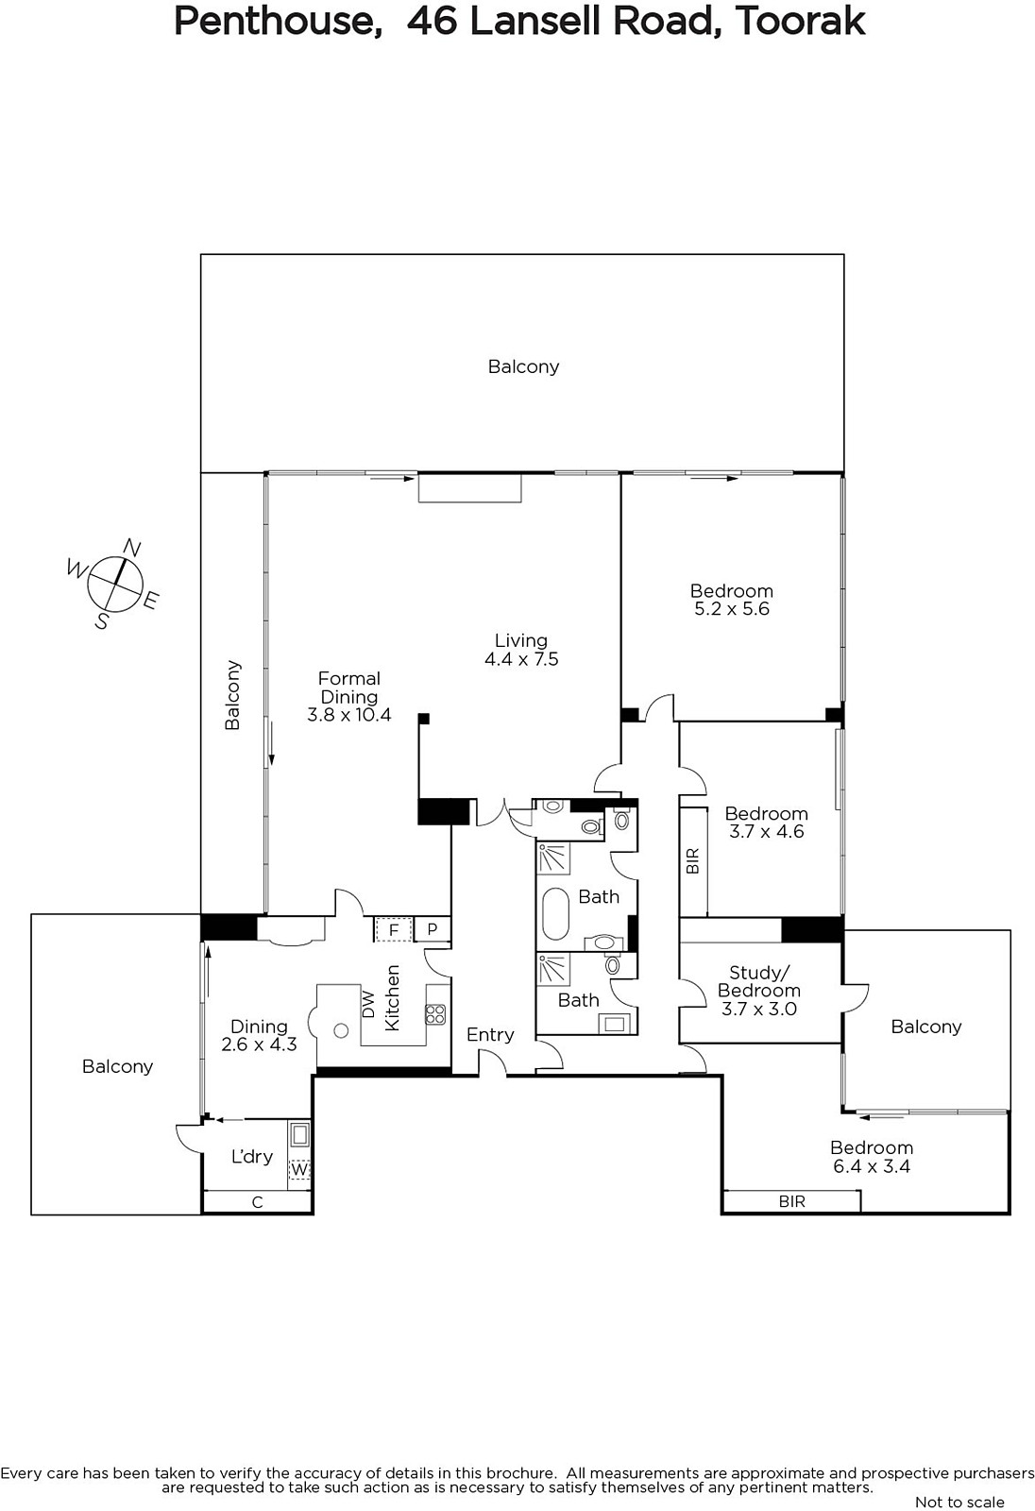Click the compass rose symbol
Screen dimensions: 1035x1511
114,585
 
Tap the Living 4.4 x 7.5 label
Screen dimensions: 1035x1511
521,650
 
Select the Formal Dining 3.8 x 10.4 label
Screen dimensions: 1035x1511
349,697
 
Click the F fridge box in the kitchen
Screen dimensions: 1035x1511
394,930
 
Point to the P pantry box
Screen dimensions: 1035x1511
433,929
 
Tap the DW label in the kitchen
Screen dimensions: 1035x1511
367,1004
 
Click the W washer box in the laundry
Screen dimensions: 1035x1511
299,1168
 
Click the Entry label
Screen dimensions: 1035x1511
490,1034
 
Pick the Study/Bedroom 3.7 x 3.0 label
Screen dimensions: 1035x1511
759,991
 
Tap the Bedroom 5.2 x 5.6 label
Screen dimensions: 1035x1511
732,600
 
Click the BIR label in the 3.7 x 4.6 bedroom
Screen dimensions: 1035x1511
693,860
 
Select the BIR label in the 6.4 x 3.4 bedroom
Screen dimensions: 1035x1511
792,1201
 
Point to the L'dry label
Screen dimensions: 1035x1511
251,1157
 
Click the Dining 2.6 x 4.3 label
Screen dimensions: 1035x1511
259,1035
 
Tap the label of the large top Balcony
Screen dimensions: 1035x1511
523,367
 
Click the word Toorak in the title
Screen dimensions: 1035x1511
800,21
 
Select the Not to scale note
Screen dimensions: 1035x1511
959,1502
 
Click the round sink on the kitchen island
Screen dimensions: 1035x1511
342,1030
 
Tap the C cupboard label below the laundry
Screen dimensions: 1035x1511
257,1201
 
